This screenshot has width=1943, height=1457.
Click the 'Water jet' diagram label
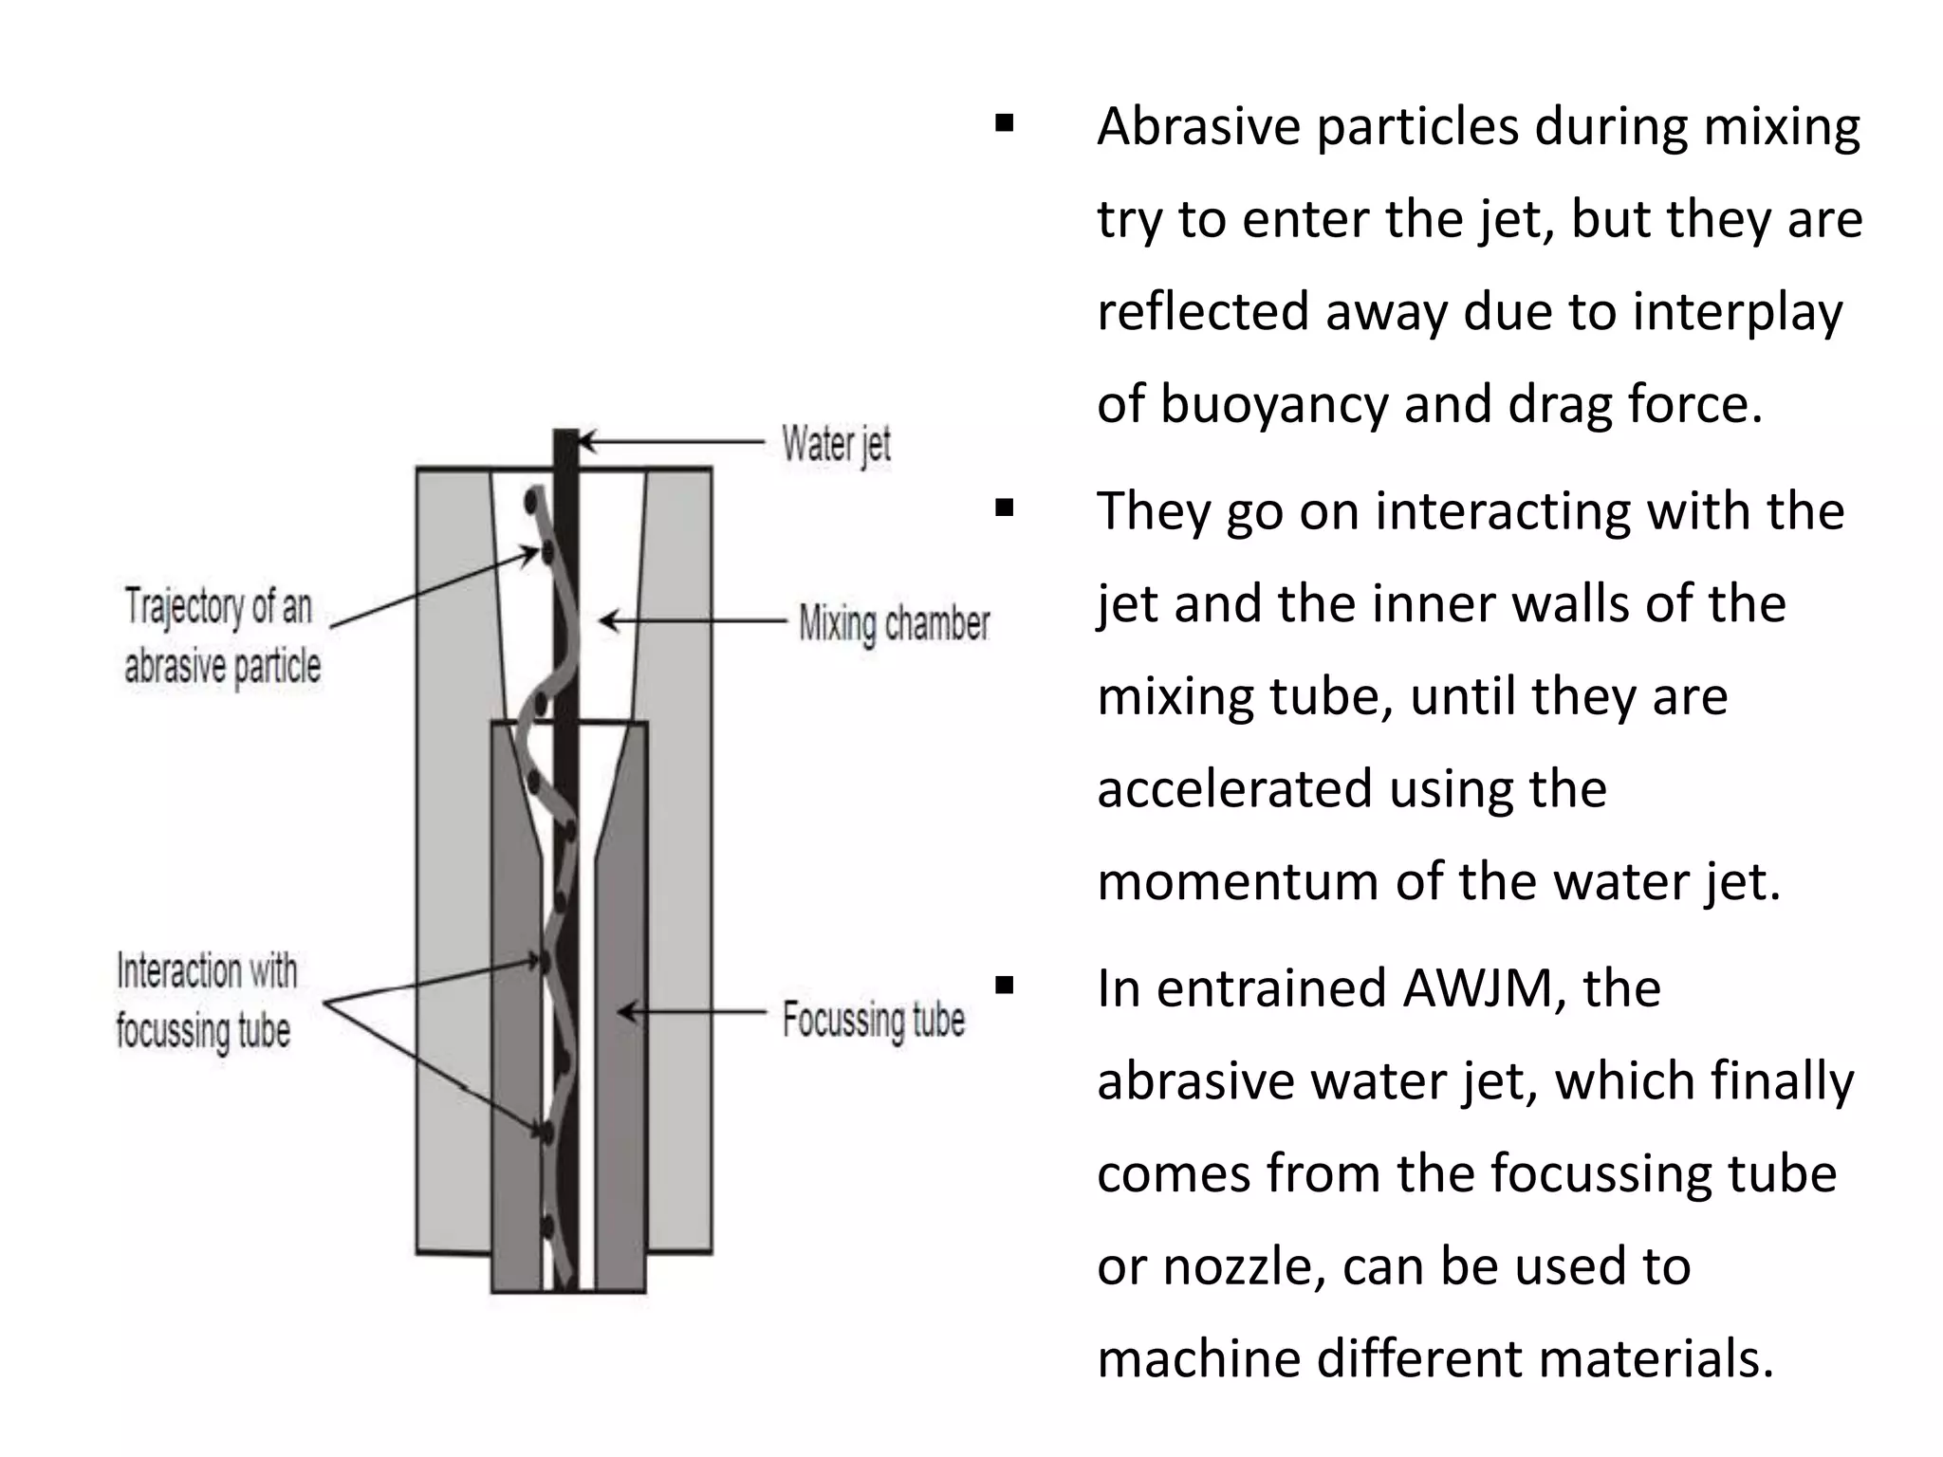(x=836, y=445)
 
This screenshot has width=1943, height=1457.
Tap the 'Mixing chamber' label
(x=894, y=624)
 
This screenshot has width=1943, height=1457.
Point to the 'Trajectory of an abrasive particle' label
(x=221, y=636)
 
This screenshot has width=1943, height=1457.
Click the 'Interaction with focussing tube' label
(x=206, y=1001)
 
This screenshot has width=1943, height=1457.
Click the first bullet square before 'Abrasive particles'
(x=1005, y=123)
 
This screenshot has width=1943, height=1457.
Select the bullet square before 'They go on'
(x=1005, y=509)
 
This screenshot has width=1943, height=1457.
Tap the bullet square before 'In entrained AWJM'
(x=1005, y=987)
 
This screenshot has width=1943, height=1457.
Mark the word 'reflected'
(x=1203, y=312)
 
